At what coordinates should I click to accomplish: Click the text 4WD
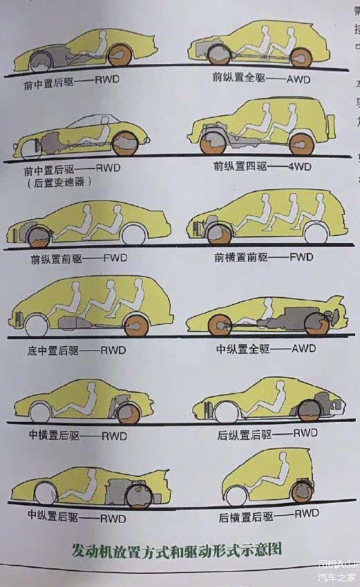(299, 166)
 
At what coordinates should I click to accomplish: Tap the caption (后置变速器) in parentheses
(55, 184)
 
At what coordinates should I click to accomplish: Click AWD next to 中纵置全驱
(303, 348)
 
